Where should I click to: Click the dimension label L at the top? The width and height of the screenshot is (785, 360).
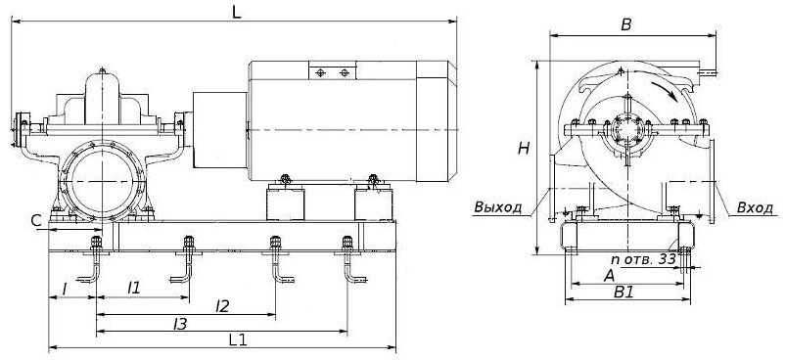[236, 13]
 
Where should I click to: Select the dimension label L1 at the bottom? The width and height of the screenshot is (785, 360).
[238, 340]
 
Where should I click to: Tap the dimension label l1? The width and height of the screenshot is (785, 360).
[134, 288]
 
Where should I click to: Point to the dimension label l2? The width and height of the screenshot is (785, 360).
[222, 306]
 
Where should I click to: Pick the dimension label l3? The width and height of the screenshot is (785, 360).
[180, 324]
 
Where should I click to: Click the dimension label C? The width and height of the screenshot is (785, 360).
[35, 220]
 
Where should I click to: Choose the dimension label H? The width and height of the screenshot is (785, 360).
[524, 149]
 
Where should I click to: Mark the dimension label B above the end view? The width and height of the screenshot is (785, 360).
[626, 25]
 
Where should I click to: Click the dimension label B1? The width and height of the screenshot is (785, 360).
[624, 292]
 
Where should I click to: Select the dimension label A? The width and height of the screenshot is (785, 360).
[609, 276]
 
